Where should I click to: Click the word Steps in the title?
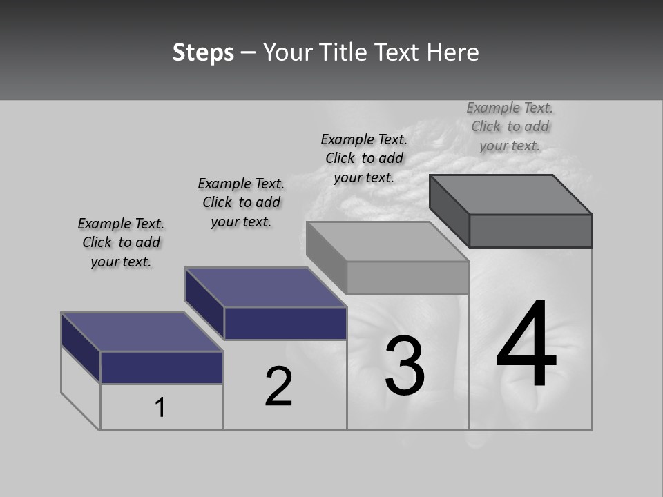click(203, 52)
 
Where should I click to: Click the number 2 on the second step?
click(278, 387)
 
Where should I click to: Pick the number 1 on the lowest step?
click(160, 407)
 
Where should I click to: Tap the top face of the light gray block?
click(387, 242)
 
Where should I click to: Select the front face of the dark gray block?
click(530, 231)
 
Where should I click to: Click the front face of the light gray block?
click(407, 278)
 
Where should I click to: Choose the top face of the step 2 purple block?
click(266, 287)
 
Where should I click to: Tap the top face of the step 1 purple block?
click(142, 332)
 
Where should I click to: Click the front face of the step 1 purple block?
click(162, 367)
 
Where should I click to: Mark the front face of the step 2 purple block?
click(285, 323)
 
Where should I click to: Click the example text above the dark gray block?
click(510, 126)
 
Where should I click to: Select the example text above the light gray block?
click(364, 158)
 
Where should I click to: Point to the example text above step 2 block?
click(241, 202)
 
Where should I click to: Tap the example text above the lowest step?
click(121, 242)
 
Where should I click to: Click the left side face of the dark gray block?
click(449, 210)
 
